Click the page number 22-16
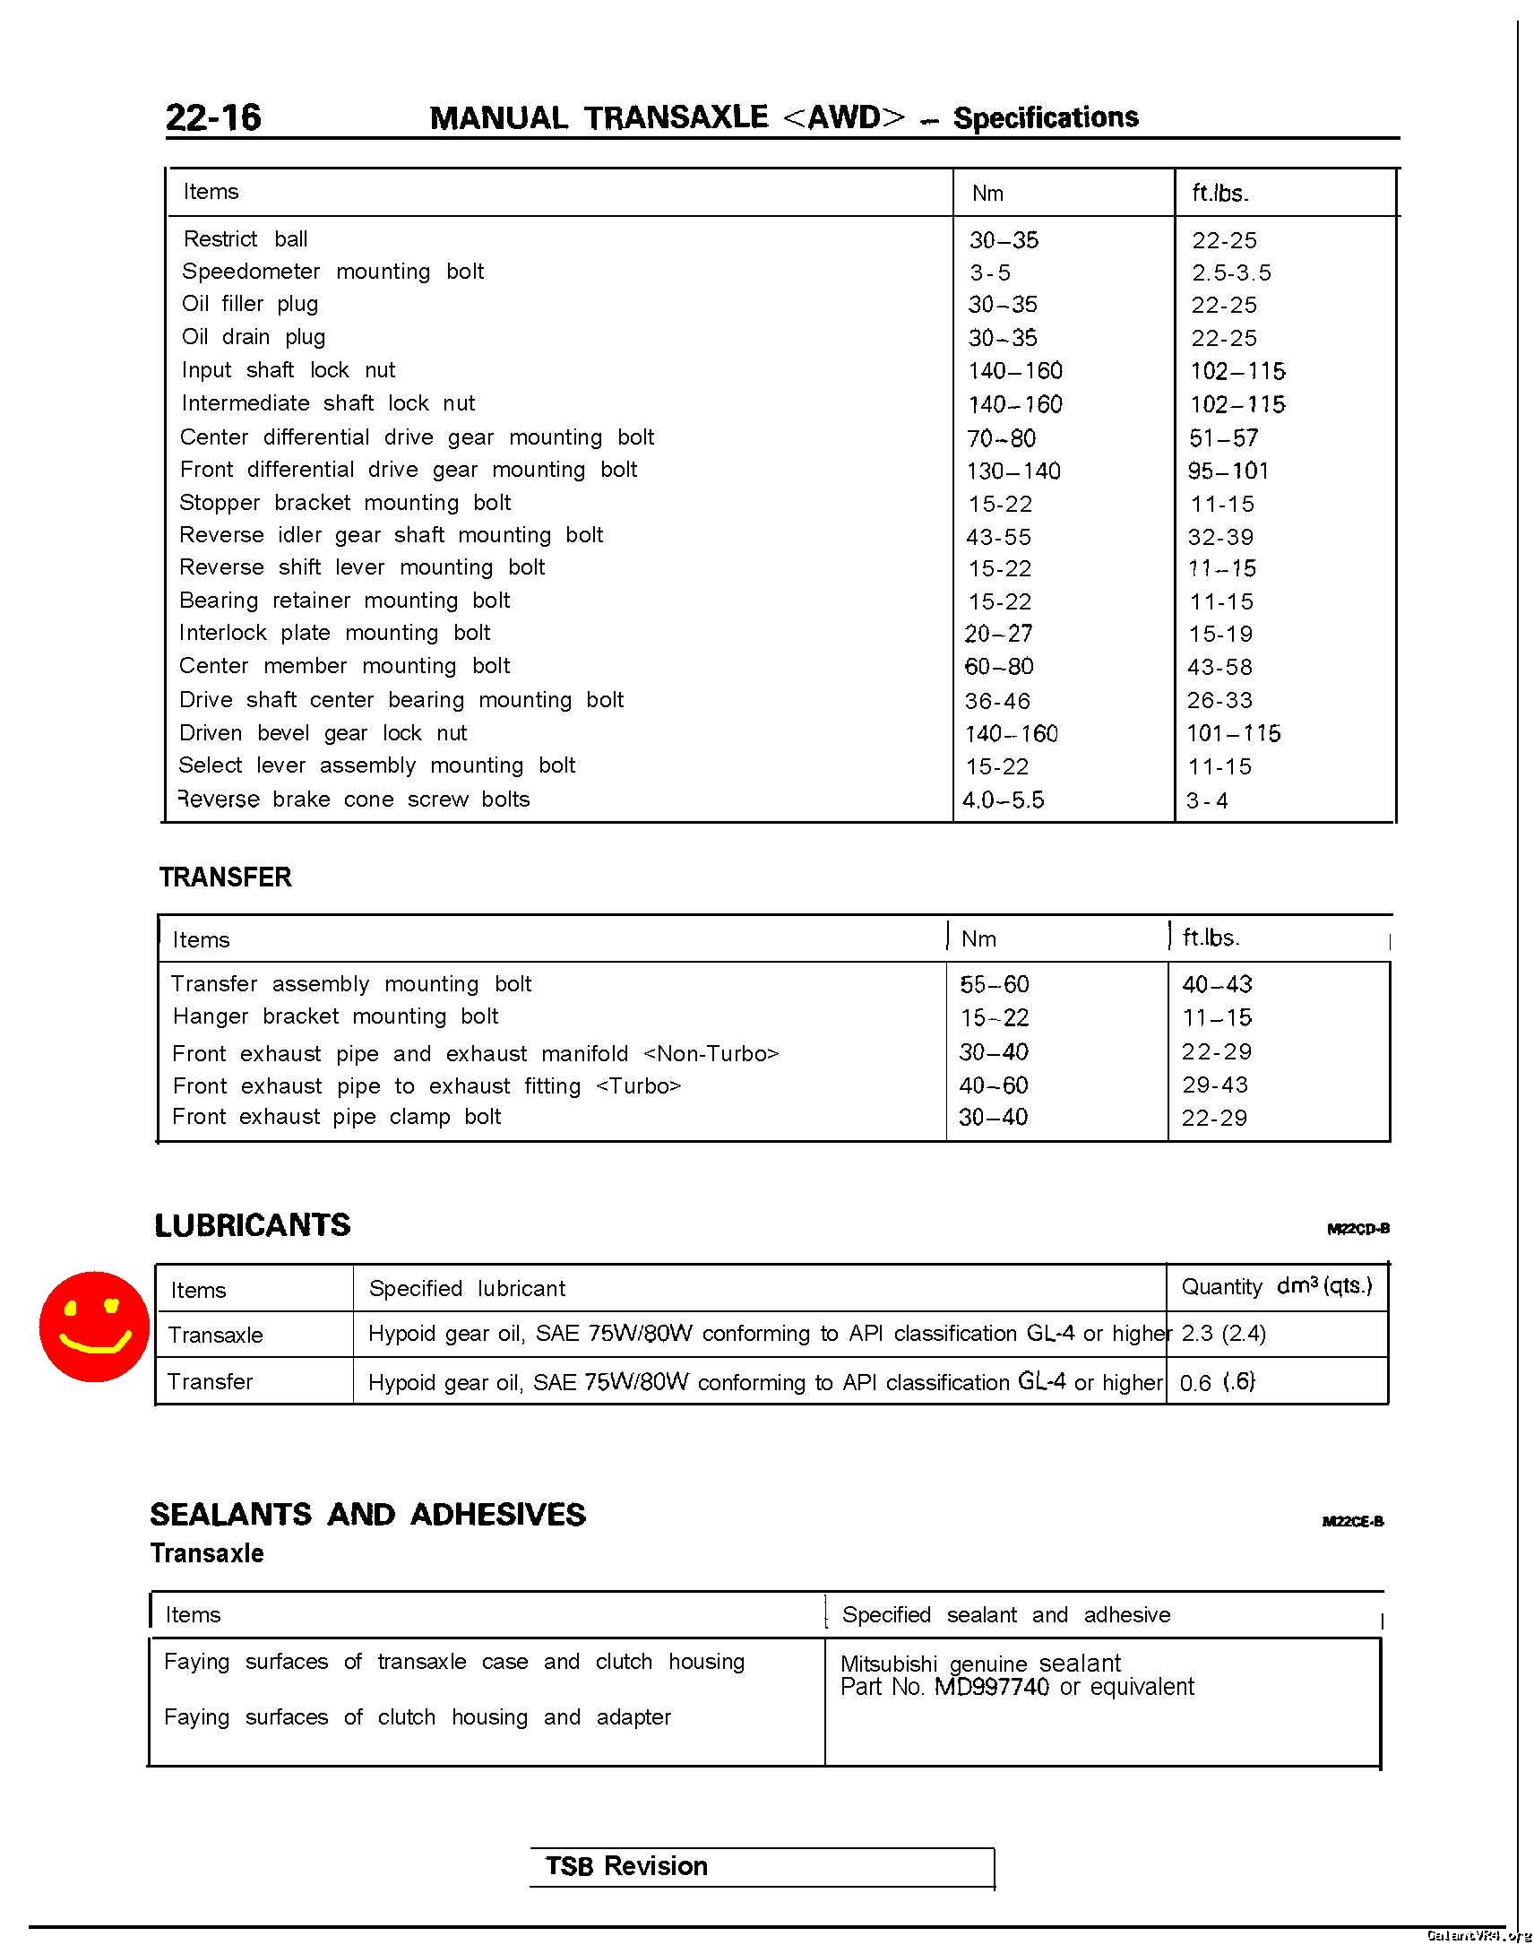(x=213, y=117)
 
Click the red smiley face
(x=94, y=1326)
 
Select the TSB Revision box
(x=762, y=1867)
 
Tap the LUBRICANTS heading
(x=253, y=1225)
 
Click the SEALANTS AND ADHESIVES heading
(x=367, y=1515)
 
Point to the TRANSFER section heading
(x=226, y=877)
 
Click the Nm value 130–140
(x=1013, y=471)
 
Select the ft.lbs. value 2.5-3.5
(x=1231, y=272)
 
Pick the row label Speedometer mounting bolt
(x=332, y=272)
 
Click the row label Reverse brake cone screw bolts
(x=355, y=799)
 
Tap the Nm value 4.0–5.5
(x=1004, y=800)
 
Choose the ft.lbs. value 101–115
(x=1233, y=733)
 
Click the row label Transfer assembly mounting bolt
(x=351, y=984)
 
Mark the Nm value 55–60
(x=995, y=985)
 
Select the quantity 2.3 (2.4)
(x=1223, y=1333)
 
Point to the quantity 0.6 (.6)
(x=1217, y=1382)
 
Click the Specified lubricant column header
(x=467, y=1288)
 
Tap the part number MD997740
(x=992, y=1686)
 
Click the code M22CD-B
(x=1358, y=1229)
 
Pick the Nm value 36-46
(x=998, y=701)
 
